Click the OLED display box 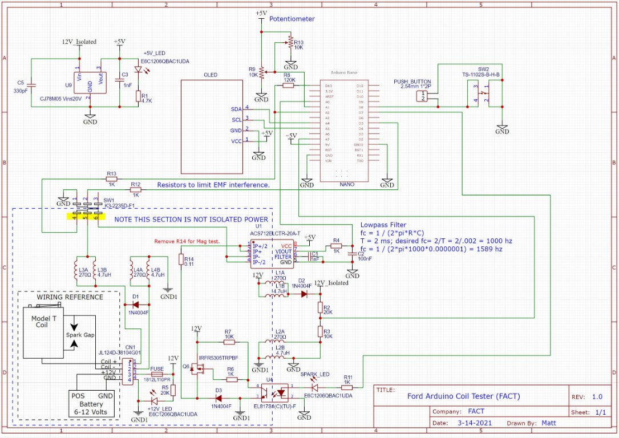212,126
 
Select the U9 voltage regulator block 90,83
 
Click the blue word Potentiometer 292,19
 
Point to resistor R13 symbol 111,178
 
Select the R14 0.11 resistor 181,261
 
